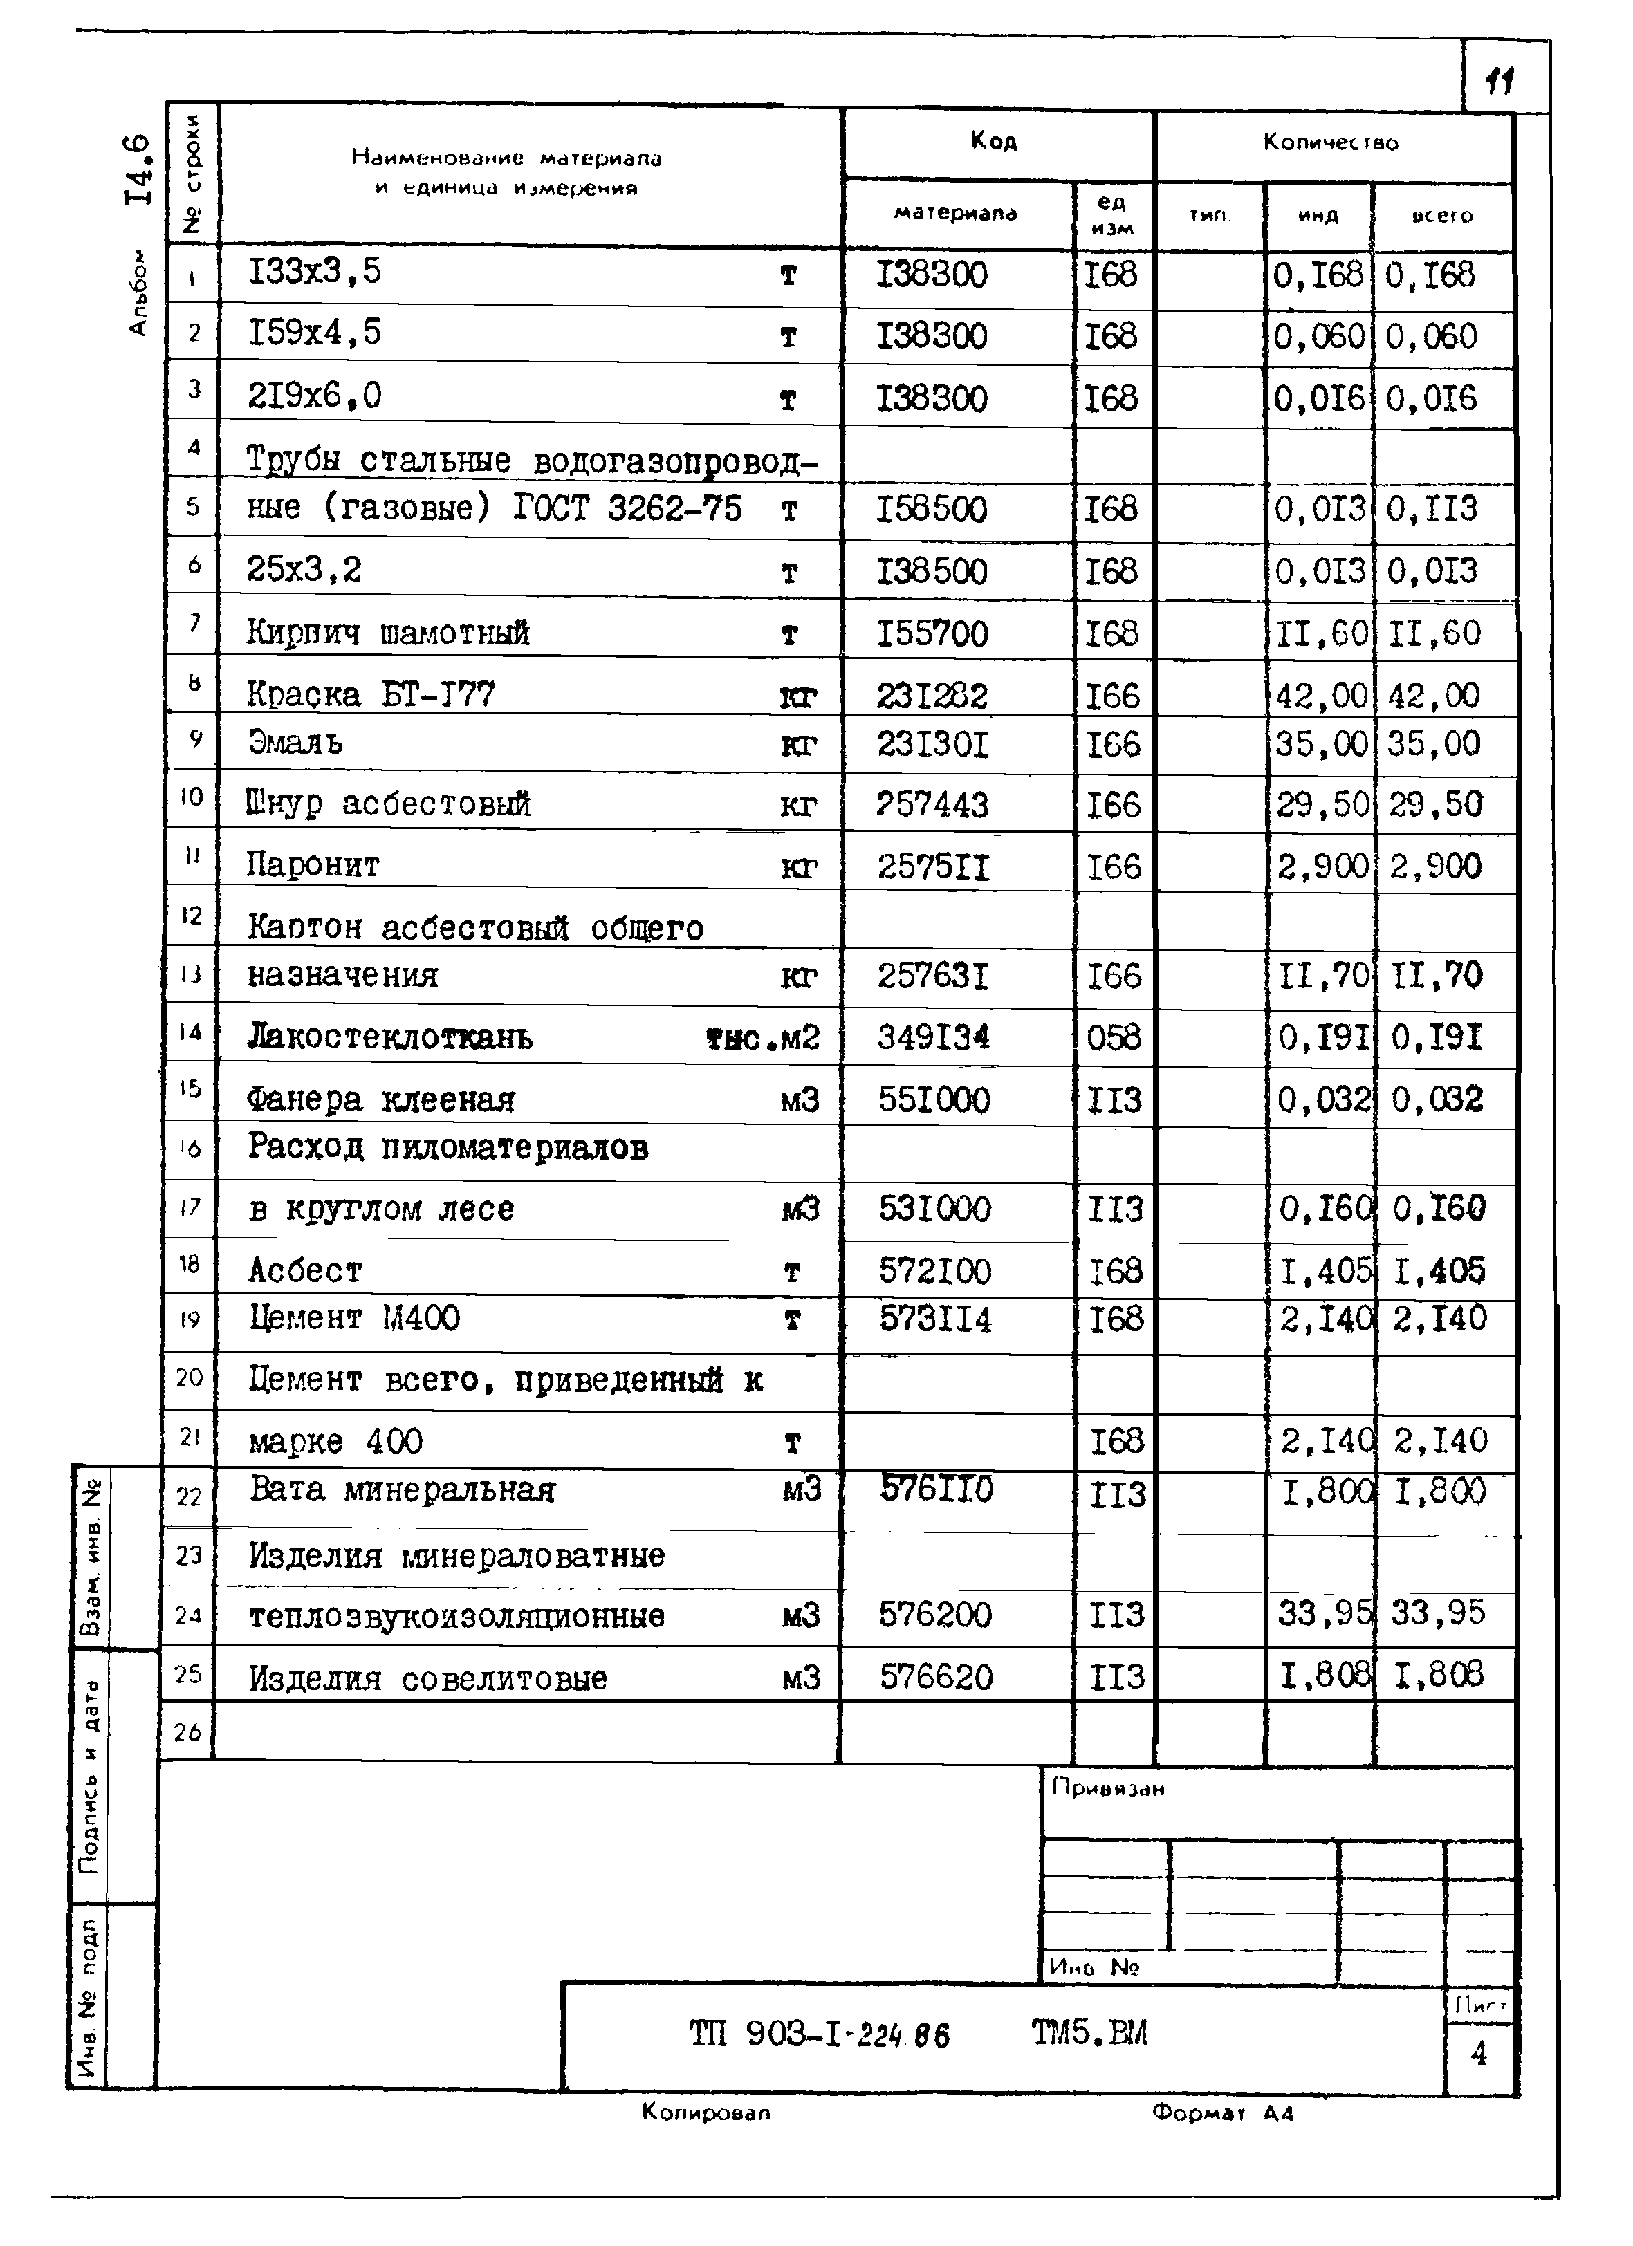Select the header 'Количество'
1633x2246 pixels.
[1330, 142]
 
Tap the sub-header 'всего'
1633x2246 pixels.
[1442, 216]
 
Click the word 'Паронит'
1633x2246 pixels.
[313, 866]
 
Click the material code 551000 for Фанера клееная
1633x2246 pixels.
[933, 1099]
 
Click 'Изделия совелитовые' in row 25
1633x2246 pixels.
[428, 1678]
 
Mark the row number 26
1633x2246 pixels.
[187, 1732]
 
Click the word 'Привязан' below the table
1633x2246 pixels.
[1108, 1788]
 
